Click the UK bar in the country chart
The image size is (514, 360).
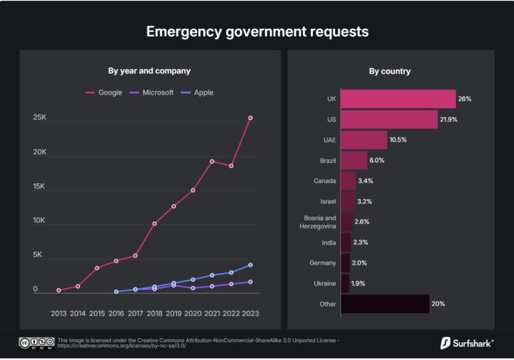click(x=398, y=99)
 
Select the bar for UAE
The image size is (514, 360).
click(x=364, y=140)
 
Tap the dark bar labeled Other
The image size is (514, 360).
click(x=385, y=304)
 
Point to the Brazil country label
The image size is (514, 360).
click(x=327, y=161)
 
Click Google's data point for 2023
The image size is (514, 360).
click(x=250, y=118)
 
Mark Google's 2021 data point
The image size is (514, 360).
click(x=212, y=161)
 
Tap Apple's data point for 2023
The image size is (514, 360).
click(x=250, y=265)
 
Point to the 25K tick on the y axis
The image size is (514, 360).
click(x=40, y=117)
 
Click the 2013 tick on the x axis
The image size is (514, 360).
click(x=59, y=313)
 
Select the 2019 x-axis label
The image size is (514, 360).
click(x=174, y=313)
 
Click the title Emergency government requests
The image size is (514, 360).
click(x=257, y=32)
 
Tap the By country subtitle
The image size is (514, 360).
click(x=390, y=71)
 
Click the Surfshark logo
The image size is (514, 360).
click(x=467, y=343)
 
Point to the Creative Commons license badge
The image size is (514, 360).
click(x=37, y=343)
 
